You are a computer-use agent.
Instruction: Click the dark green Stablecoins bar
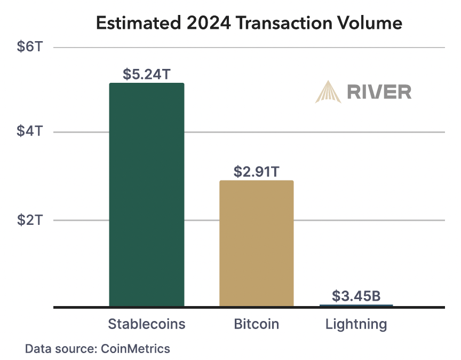[x=147, y=195]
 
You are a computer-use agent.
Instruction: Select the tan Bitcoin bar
[x=256, y=243]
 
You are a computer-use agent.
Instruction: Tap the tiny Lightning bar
[x=356, y=306]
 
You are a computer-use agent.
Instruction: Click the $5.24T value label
[x=147, y=74]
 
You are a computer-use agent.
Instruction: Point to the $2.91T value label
[x=257, y=171]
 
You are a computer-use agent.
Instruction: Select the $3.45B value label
[x=356, y=295]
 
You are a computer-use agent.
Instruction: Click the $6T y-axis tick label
[x=29, y=47]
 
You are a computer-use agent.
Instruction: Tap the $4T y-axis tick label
[x=29, y=131]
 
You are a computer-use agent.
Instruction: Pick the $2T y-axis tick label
[x=29, y=220]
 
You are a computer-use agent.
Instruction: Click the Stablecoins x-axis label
[x=147, y=324]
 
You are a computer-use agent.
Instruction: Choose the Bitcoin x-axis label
[x=256, y=324]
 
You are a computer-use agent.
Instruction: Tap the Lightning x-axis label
[x=356, y=324]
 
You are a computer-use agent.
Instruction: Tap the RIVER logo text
[x=379, y=92]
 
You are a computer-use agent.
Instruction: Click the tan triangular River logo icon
[x=328, y=91]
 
